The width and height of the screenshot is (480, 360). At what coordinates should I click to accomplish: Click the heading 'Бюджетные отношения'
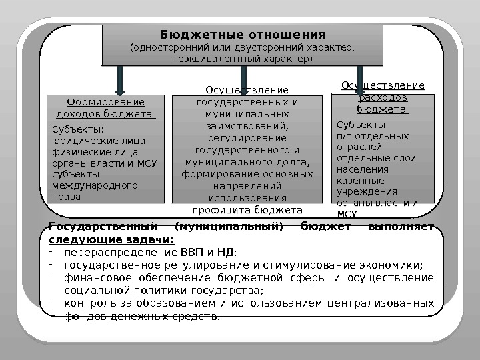[x=243, y=35]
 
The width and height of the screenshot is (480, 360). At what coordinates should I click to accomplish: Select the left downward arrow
[x=120, y=79]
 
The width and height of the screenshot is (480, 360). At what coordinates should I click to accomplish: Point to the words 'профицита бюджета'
[x=247, y=210]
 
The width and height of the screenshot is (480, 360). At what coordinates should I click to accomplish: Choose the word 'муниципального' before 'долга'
[x=225, y=162]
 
